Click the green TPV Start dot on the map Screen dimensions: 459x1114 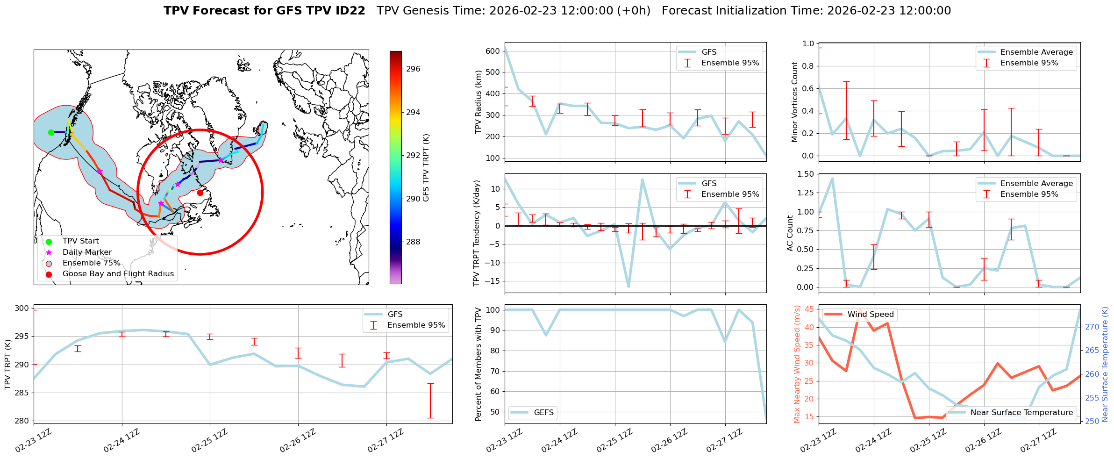(51, 132)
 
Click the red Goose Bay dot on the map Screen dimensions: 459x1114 (200, 193)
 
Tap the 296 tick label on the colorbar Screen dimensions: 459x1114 (413, 69)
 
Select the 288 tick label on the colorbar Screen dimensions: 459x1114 (413, 242)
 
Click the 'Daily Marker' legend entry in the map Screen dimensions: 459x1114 (87, 252)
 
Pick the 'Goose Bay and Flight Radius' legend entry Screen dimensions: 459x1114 (118, 274)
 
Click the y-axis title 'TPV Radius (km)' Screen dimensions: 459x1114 (478, 102)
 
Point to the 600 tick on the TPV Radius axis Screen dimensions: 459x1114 (493, 51)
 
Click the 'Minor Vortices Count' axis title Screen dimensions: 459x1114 (794, 102)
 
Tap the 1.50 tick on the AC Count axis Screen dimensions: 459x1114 (804, 174)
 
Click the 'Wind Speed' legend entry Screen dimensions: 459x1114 (870, 315)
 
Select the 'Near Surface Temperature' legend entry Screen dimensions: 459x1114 (1021, 413)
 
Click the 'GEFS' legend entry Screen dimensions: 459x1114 (543, 413)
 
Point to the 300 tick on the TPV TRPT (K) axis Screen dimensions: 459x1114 (21, 308)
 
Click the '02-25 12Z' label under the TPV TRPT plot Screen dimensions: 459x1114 (210, 441)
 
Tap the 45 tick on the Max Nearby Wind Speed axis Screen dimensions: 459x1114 (809, 309)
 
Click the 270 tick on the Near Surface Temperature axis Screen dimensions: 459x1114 (1092, 327)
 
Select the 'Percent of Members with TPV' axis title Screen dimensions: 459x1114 (478, 364)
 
